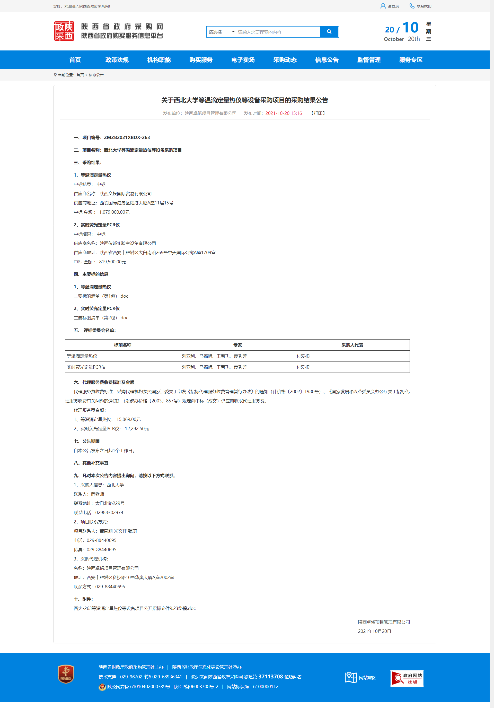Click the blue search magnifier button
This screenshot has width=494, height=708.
pyautogui.click(x=329, y=32)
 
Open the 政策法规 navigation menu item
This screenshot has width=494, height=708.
pyautogui.click(x=117, y=60)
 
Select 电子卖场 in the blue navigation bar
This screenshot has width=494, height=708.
pyautogui.click(x=243, y=60)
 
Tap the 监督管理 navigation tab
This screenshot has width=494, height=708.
pyautogui.click(x=369, y=60)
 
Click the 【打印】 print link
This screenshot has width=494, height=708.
pyautogui.click(x=318, y=113)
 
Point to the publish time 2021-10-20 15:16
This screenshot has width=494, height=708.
pyautogui.click(x=284, y=113)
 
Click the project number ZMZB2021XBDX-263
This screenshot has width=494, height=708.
pyautogui.click(x=127, y=137)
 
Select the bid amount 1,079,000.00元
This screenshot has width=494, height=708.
pyautogui.click(x=114, y=212)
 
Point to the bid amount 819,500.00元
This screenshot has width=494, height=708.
pyautogui.click(x=112, y=262)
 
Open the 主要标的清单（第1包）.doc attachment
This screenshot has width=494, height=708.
pyautogui.click(x=101, y=296)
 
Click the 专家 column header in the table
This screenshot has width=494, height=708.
pyautogui.click(x=237, y=345)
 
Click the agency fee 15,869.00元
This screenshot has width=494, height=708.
pyautogui.click(x=128, y=419)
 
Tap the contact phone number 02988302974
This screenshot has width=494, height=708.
pyautogui.click(x=109, y=513)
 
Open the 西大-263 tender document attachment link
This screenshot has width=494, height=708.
pyautogui.click(x=134, y=608)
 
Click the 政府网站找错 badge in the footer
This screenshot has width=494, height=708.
pyautogui.click(x=407, y=678)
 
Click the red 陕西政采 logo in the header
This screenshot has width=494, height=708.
pyautogui.click(x=64, y=31)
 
